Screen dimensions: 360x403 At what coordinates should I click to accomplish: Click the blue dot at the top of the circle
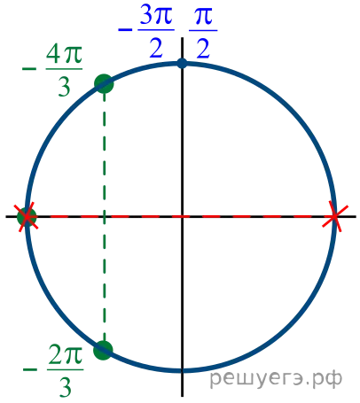coord(182,63)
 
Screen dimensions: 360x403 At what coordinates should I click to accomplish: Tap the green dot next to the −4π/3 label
coord(104,84)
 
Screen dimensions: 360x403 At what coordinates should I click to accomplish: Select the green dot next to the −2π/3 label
coord(103,350)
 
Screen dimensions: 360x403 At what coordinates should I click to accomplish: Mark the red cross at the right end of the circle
coord(335,217)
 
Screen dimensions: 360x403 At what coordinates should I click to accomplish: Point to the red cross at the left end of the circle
coord(27,217)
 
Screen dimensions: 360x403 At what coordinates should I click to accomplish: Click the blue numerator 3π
coord(156,15)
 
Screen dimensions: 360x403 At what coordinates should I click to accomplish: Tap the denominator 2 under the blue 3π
coord(156,47)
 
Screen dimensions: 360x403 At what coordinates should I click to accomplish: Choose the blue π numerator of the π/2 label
coord(203,17)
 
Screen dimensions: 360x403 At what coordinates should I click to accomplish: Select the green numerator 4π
coord(64,55)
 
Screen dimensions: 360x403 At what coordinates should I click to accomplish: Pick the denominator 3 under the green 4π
coord(64,87)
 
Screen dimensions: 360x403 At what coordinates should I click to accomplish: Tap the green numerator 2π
coord(65,356)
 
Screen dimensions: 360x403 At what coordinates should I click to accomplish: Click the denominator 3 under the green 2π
coord(65,387)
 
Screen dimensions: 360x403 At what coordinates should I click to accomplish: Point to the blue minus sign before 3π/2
coord(125,30)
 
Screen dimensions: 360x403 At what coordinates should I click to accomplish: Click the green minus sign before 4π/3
coord(29,69)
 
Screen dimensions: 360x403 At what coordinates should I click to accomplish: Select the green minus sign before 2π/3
coord(30,369)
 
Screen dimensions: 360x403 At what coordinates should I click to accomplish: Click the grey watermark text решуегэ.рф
coord(276,378)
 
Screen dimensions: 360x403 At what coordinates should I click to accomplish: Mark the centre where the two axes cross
coord(182,217)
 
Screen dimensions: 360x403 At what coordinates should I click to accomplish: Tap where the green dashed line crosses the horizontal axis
coord(104,217)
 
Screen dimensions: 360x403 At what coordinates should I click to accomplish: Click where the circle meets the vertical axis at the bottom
coord(182,370)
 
